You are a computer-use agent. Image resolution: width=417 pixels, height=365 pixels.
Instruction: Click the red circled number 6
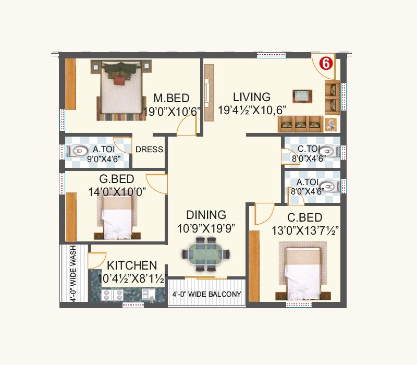(x=325, y=64)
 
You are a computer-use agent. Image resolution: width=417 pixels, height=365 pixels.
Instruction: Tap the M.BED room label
(x=171, y=99)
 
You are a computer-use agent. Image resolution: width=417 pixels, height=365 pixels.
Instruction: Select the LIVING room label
(x=252, y=97)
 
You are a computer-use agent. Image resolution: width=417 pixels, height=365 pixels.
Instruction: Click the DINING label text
(x=206, y=215)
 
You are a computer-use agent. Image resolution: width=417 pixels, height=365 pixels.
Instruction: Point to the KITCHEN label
(x=132, y=265)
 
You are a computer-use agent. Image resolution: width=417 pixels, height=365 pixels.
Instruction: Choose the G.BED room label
(x=117, y=180)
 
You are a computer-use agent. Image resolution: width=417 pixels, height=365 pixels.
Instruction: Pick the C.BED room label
(x=304, y=217)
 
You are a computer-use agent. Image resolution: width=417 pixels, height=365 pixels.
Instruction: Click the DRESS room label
(x=149, y=150)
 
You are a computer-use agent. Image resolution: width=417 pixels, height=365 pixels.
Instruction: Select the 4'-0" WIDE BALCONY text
(x=207, y=295)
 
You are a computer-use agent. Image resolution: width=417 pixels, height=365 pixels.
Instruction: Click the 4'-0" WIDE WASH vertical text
(x=73, y=273)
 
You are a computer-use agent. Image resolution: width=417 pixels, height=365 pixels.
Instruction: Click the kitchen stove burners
(x=113, y=295)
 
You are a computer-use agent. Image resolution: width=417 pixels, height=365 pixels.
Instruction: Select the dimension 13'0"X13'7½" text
(x=305, y=230)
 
